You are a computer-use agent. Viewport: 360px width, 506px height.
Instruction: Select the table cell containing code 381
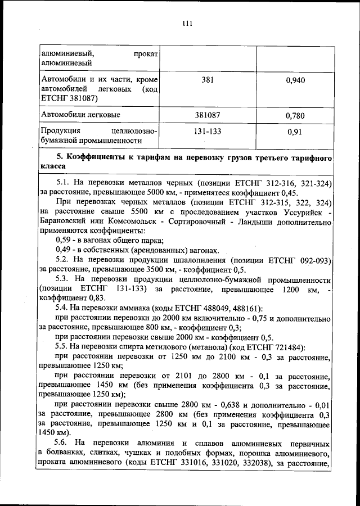(x=208, y=80)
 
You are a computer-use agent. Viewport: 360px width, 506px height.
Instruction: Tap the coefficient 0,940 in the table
(x=295, y=80)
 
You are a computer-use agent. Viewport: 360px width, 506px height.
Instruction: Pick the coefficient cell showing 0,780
(x=295, y=116)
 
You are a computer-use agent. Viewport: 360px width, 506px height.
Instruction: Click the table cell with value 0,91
(x=295, y=135)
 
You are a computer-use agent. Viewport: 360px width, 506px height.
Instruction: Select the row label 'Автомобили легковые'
(x=80, y=115)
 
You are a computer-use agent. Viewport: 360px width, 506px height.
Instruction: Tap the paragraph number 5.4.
(x=62, y=308)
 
